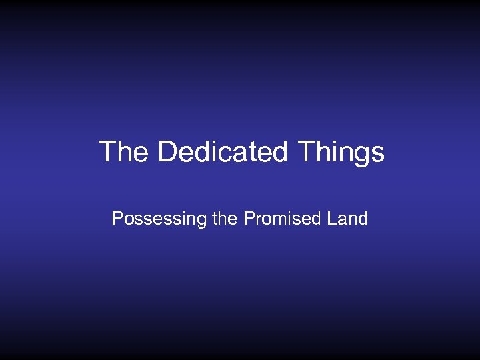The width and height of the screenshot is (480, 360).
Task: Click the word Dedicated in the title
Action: click(222, 152)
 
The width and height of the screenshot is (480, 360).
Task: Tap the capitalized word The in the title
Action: click(124, 152)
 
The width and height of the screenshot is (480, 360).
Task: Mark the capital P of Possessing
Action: click(117, 219)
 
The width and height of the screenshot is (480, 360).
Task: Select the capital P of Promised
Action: click(249, 219)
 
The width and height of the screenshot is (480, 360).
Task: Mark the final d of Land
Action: click(363, 219)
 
